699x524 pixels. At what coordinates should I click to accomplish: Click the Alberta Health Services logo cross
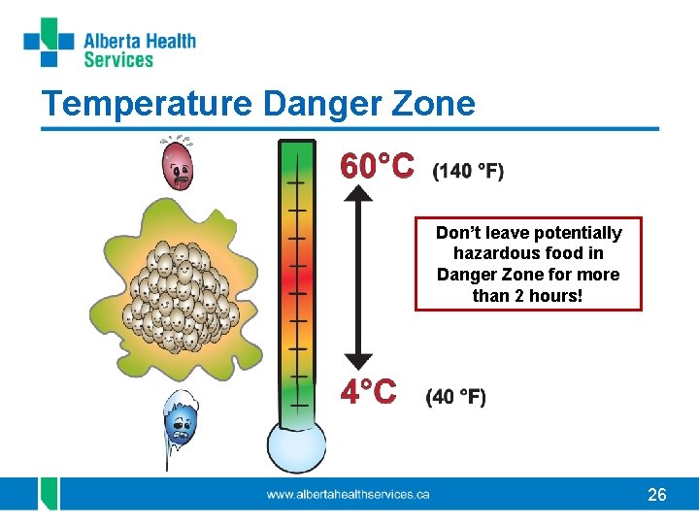(x=49, y=42)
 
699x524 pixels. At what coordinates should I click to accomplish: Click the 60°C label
(x=376, y=168)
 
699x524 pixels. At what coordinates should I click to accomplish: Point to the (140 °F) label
(x=468, y=172)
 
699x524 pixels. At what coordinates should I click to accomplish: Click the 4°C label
(x=367, y=392)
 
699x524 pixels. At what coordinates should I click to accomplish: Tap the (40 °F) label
(x=456, y=396)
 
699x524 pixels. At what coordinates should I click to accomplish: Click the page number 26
(x=657, y=495)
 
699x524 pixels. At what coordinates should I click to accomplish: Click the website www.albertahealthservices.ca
(x=349, y=495)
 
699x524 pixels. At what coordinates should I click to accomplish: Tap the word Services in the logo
(x=118, y=60)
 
